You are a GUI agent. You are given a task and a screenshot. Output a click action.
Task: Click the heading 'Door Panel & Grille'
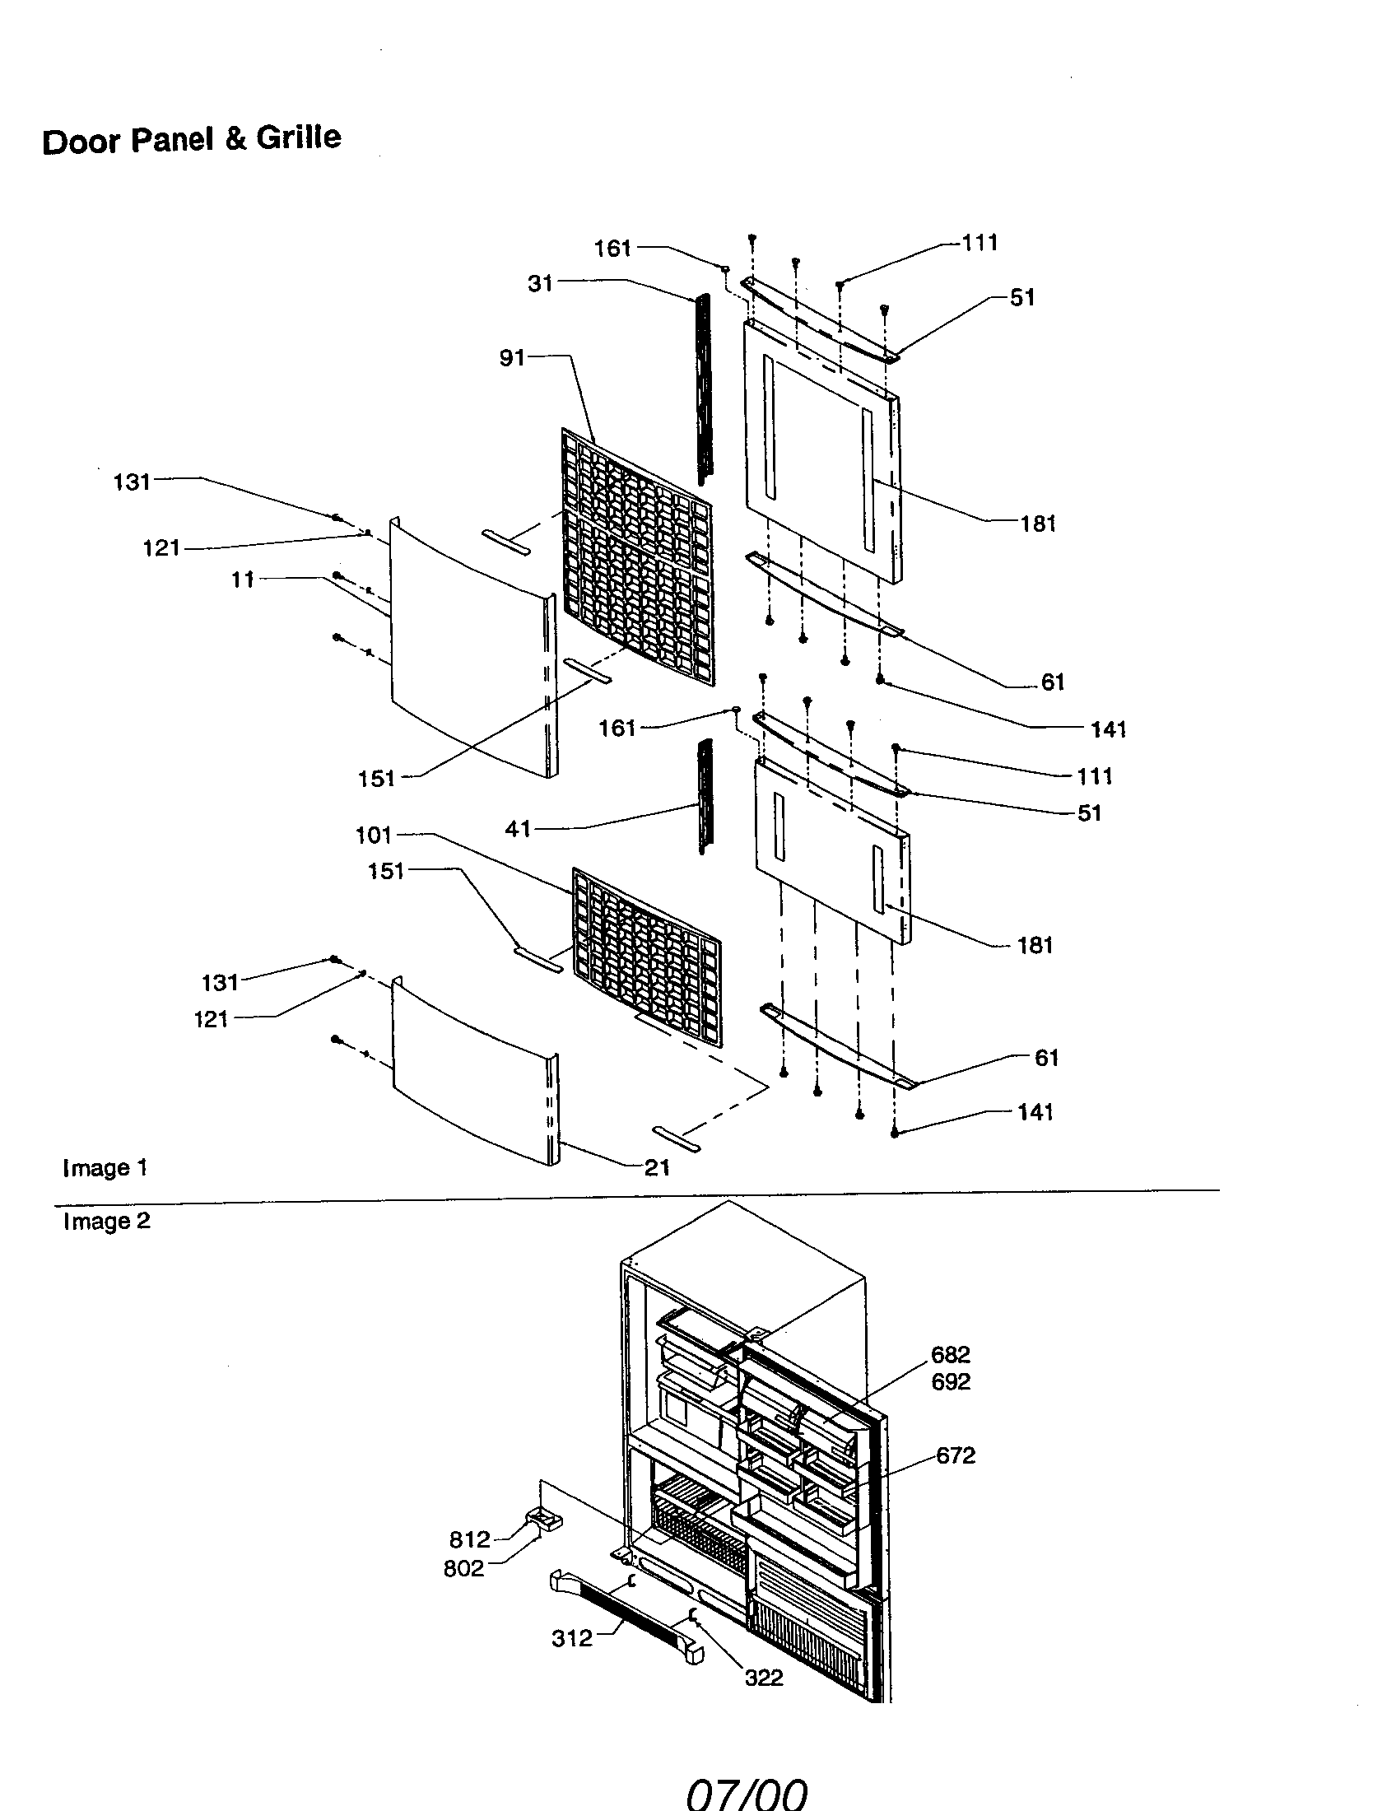192,139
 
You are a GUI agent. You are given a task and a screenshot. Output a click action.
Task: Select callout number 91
511,357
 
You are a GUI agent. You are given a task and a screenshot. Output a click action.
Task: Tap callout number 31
540,284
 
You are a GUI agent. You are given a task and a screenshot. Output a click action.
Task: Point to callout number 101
373,835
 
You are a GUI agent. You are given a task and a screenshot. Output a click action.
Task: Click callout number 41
517,828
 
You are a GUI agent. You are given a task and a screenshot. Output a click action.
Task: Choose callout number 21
657,1167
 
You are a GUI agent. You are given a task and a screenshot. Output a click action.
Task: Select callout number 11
242,580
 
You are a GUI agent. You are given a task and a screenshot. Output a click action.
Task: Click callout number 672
955,1455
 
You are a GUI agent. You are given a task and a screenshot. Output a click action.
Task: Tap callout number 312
572,1637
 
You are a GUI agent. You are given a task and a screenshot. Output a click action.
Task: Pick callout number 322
764,1678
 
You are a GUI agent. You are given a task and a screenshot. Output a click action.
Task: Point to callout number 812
470,1540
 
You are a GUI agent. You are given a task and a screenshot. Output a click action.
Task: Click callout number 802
463,1568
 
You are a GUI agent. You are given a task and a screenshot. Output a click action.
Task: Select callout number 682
950,1354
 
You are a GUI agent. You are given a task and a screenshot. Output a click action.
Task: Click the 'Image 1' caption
105,1168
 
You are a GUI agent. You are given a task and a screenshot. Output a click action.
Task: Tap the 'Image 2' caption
107,1222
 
